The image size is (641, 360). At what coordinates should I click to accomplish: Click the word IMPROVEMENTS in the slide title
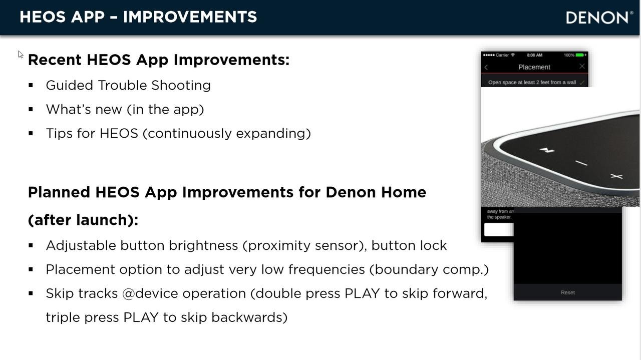point(190,17)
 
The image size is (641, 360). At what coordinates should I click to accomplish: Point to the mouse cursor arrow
point(21,54)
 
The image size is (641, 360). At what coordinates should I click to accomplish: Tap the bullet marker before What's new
point(31,109)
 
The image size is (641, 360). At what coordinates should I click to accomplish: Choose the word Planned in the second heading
point(59,192)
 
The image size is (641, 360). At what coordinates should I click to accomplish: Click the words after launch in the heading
point(83,220)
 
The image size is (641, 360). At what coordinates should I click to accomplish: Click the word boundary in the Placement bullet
point(407,269)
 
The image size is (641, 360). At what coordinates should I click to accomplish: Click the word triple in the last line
point(63,317)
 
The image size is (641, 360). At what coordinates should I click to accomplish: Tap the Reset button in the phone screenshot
point(567,292)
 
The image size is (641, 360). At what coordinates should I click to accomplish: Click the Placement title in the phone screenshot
point(534,67)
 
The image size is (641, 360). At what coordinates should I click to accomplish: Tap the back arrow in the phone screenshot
point(486,67)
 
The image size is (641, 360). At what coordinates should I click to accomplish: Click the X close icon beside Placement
point(581,67)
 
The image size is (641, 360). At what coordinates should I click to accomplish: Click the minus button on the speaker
point(581,163)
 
